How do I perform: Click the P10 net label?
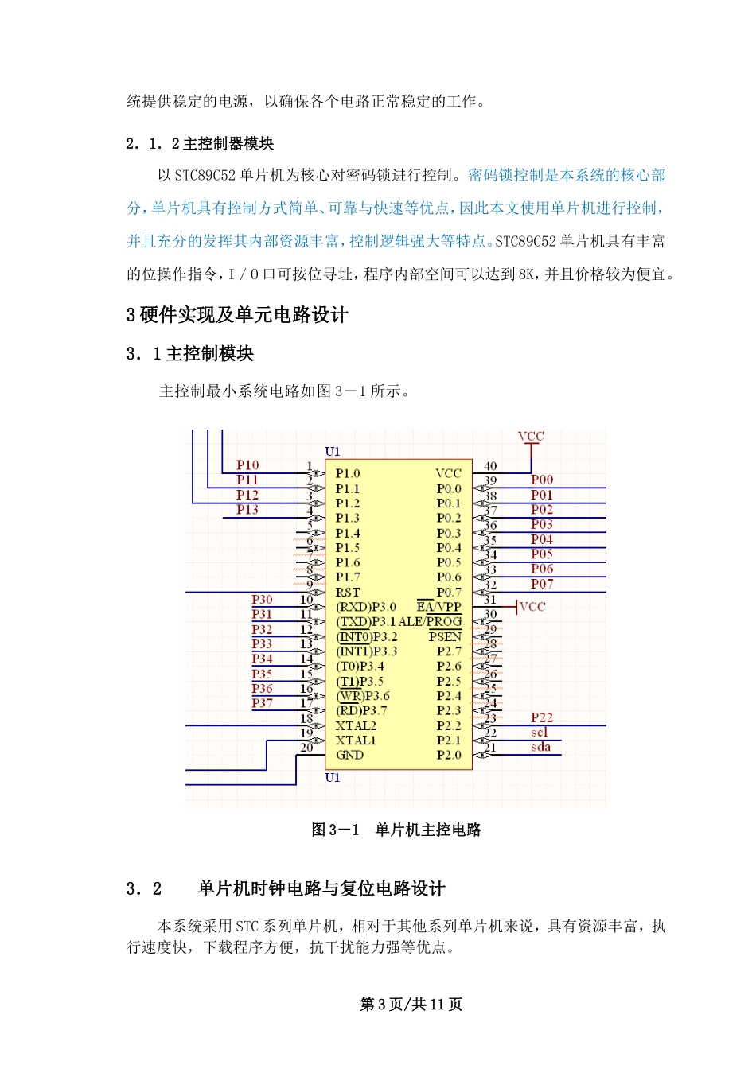tap(247, 465)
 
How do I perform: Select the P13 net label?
tap(247, 510)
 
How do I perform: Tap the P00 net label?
tap(542, 480)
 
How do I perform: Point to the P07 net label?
tap(542, 584)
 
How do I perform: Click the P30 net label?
tap(262, 600)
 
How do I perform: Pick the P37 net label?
tap(262, 703)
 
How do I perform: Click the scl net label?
tap(540, 732)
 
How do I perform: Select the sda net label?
tap(540, 747)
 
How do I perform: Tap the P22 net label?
tap(542, 717)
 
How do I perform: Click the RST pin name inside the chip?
tap(347, 593)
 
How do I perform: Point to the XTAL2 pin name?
tap(356, 725)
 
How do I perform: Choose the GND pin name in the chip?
tap(349, 755)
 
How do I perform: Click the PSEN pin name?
tap(445, 636)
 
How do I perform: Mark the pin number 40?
tap(490, 466)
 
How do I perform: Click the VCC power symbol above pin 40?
tap(531, 437)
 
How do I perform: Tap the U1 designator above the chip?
tap(333, 452)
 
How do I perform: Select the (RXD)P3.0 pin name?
tap(365, 607)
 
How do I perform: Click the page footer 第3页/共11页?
tap(411, 1005)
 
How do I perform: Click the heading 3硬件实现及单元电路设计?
tap(237, 316)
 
